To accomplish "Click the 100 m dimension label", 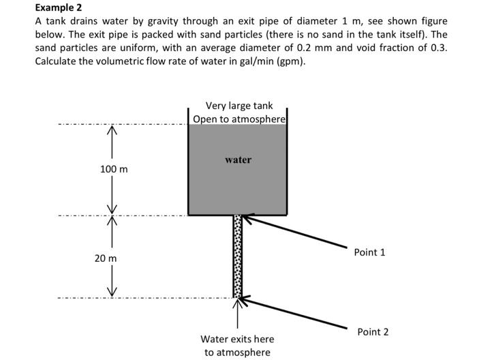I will click(x=114, y=168).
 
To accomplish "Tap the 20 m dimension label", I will click(x=106, y=258).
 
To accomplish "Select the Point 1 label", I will click(x=369, y=252).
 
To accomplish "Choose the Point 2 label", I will click(x=373, y=332).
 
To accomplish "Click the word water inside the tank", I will click(x=238, y=160).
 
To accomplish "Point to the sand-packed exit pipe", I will click(x=238, y=256).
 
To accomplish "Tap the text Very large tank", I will click(x=238, y=106).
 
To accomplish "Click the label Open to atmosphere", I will click(x=238, y=119).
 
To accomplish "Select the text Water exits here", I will click(x=237, y=339).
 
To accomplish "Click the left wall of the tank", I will click(x=188, y=164).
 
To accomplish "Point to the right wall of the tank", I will click(x=287, y=164).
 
